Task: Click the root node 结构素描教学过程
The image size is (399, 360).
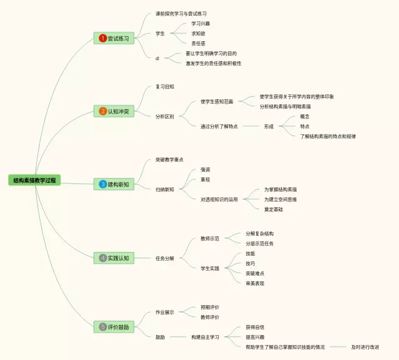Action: point(35,180)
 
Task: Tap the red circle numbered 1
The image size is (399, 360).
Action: point(103,39)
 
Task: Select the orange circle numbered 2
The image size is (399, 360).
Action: point(103,112)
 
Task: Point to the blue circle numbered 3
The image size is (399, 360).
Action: point(103,184)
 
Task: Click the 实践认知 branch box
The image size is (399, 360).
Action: point(115,258)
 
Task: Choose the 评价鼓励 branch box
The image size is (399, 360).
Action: point(115,326)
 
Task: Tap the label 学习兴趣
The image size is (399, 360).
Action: point(201,23)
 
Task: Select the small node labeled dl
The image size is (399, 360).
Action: point(158,58)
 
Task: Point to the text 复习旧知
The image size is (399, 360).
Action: point(165,87)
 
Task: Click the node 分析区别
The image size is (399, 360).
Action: point(165,116)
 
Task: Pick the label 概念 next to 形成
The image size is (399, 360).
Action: point(304,116)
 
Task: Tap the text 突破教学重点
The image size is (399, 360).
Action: point(170,160)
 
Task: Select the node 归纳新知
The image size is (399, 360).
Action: point(165,189)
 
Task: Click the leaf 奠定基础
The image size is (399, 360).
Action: point(273,209)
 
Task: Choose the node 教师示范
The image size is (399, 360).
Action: point(209,238)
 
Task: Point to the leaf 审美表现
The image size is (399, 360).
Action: point(254,283)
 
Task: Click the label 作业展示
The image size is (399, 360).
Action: point(165,312)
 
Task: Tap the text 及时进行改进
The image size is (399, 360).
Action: point(365,347)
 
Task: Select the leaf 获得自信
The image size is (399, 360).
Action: point(254,327)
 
